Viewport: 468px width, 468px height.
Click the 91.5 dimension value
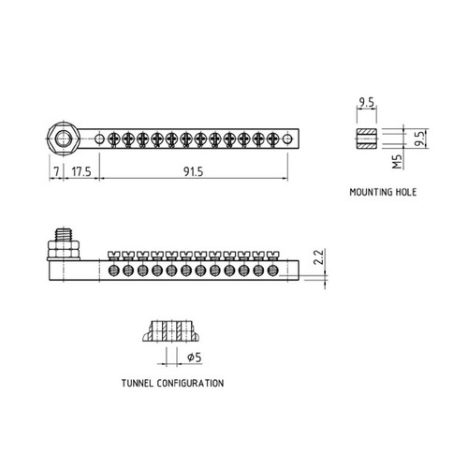193,171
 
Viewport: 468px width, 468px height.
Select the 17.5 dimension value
81,171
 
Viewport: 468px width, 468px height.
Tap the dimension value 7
56,171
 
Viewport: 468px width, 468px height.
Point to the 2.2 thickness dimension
319,256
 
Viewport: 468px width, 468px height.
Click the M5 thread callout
397,161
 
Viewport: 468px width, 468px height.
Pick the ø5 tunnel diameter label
195,357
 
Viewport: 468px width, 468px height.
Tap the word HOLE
406,192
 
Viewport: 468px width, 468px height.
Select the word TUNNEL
138,383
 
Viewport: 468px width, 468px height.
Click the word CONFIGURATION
190,383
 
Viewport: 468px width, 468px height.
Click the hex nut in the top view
64,139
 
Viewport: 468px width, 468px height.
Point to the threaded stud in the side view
64,234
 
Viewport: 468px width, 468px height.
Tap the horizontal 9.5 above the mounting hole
366,102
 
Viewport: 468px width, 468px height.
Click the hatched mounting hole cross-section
367,139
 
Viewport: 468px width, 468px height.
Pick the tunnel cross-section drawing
171,330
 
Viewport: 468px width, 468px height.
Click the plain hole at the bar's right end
287,139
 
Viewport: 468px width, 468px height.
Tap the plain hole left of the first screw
99,139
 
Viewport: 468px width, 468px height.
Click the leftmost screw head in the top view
113,139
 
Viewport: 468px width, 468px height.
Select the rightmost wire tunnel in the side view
273,271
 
